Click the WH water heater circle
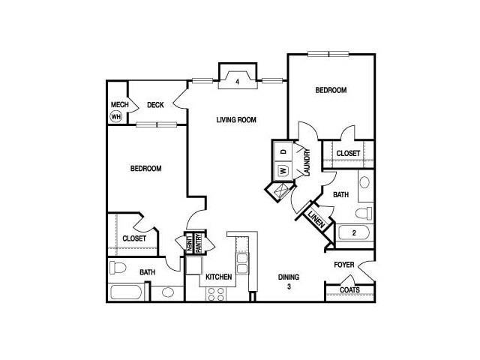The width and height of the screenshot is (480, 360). pos(115,117)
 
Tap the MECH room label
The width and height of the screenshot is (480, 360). pos(119,105)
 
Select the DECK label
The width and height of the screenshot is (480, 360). pos(155,105)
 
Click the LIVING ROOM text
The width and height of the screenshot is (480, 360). pos(236,120)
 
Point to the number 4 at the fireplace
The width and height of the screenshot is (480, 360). pos(237,82)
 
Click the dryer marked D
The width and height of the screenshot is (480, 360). pos(283,151)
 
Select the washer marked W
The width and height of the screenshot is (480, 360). pos(283,170)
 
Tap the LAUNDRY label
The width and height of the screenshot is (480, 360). pos(307,162)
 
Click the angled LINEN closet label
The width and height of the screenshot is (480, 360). pos(316,220)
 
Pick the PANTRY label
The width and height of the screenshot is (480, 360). pos(198,243)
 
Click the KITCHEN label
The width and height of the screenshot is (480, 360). pos(218,277)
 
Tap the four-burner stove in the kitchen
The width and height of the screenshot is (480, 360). pos(216,294)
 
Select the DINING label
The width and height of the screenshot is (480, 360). pos(289,277)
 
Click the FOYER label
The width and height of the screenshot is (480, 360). pos(344,265)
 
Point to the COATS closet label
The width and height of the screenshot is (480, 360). pos(350,289)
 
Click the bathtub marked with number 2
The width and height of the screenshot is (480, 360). pos(353,233)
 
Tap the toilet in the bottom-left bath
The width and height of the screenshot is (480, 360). pos(118,268)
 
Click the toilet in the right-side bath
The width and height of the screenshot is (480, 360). pos(364,213)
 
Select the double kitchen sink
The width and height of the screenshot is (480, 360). pos(242,263)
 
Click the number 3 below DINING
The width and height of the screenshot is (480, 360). pos(289,286)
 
